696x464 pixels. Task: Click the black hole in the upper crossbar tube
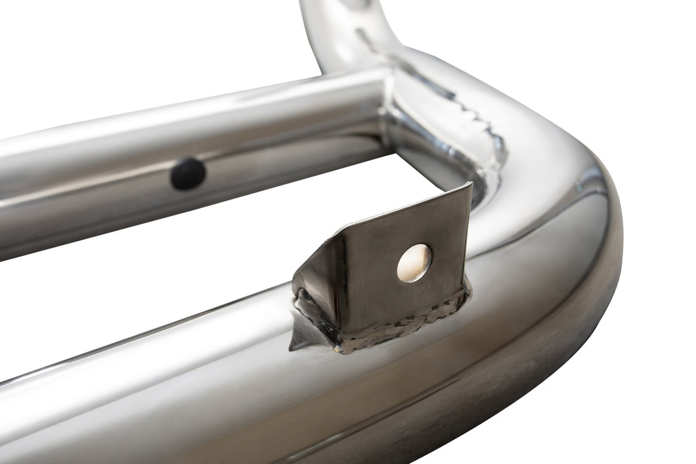tap(188, 174)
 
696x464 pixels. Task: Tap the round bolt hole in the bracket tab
tap(414, 262)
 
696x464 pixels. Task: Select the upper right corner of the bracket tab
tap(470, 184)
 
